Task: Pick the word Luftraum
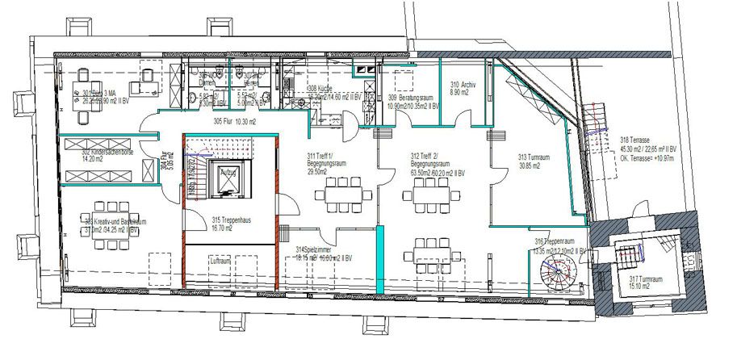(x=220, y=262)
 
